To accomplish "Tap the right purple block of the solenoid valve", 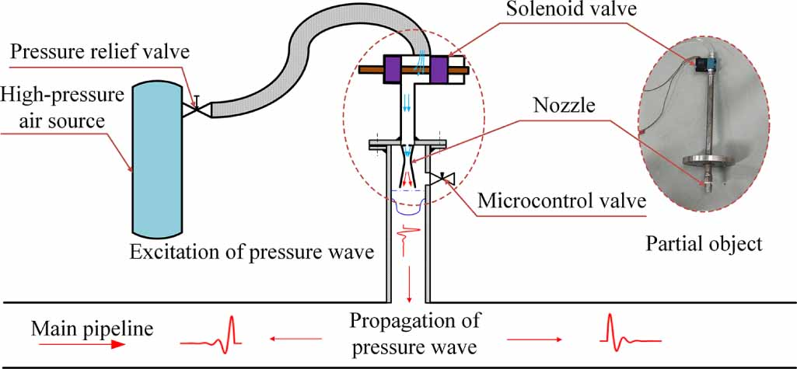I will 440,69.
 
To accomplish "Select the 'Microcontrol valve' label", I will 562,200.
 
